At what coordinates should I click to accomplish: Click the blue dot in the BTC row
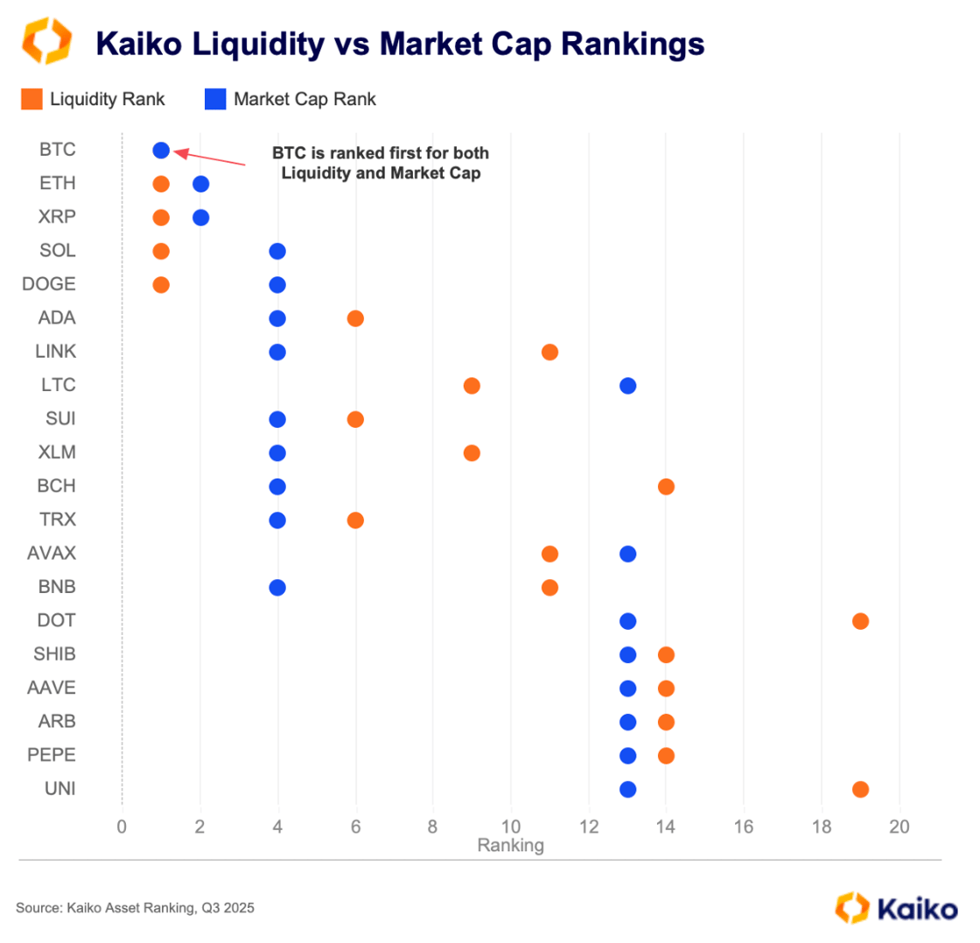[161, 150]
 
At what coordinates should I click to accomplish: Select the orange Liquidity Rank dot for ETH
[161, 184]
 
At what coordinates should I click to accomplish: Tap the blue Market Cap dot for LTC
[627, 386]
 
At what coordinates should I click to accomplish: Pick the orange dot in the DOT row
[860, 621]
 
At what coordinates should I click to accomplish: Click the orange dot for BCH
[666, 486]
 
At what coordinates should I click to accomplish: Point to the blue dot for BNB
[277, 587]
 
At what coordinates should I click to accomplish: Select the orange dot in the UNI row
[860, 789]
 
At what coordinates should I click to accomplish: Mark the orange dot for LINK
[549, 352]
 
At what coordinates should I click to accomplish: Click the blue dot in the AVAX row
[627, 554]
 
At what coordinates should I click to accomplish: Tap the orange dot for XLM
[472, 453]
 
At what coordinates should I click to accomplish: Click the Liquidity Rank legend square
[31, 99]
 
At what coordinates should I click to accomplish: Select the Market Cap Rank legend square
[215, 99]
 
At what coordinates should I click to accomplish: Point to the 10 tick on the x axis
[510, 828]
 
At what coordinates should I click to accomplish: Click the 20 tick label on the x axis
[899, 828]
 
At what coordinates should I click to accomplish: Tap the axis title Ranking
[510, 846]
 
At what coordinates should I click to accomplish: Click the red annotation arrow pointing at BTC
[209, 158]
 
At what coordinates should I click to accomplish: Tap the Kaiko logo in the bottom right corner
[896, 907]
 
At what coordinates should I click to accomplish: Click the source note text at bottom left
[135, 908]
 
